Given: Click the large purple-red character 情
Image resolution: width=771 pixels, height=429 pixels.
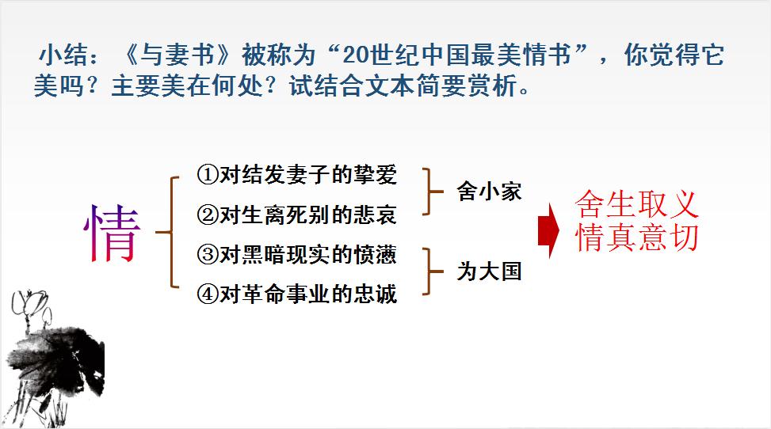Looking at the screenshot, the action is (x=113, y=233).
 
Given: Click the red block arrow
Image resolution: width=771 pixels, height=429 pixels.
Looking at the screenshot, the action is (x=549, y=230).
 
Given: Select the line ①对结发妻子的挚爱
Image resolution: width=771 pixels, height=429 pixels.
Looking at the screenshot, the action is (x=296, y=174).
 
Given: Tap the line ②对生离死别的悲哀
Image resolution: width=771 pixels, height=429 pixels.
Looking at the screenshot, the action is (x=296, y=214).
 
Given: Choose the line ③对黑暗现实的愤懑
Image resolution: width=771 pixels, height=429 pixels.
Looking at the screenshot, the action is (x=296, y=255).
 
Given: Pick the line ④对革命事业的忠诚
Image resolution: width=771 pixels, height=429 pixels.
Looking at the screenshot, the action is (x=296, y=294).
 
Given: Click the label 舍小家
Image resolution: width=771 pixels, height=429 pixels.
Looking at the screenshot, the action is (x=489, y=192).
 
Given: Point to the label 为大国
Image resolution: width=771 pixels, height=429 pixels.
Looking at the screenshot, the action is (x=489, y=271).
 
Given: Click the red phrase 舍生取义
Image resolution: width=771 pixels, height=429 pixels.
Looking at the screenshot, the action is (x=637, y=204).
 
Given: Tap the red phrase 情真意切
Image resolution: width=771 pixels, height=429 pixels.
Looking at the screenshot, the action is (x=637, y=237).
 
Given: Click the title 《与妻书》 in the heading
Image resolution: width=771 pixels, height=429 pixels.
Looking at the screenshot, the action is (x=178, y=55).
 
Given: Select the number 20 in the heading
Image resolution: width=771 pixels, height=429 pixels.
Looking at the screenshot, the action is (x=355, y=55).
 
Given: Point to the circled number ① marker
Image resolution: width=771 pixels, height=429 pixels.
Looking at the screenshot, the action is (x=207, y=175).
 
